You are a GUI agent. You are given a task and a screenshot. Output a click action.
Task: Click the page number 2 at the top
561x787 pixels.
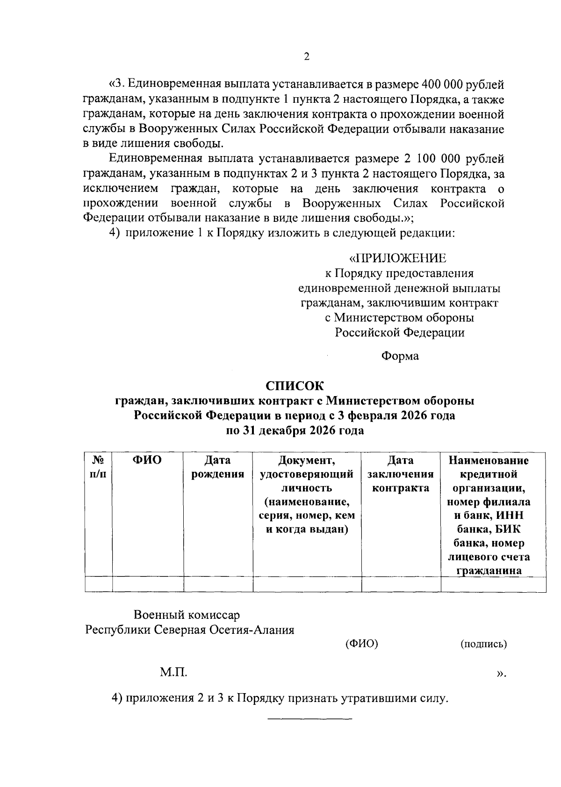307,57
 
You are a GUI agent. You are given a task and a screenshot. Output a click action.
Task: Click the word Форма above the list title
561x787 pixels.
400,356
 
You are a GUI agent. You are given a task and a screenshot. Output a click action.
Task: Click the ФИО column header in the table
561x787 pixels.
147,461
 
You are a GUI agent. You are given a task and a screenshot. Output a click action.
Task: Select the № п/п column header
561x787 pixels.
98,467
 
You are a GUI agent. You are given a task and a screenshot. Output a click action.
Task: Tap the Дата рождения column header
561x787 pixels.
218,467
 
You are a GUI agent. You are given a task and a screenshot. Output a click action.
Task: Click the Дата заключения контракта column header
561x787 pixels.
401,474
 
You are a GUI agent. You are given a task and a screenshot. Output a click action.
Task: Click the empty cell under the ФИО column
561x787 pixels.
148,584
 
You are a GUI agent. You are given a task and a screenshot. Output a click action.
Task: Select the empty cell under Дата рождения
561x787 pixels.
218,584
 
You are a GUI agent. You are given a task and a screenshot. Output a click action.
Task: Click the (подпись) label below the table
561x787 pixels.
483,644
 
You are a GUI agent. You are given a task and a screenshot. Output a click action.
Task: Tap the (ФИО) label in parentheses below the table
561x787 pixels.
361,644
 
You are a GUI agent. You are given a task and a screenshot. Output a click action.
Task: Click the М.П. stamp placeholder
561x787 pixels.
173,673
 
